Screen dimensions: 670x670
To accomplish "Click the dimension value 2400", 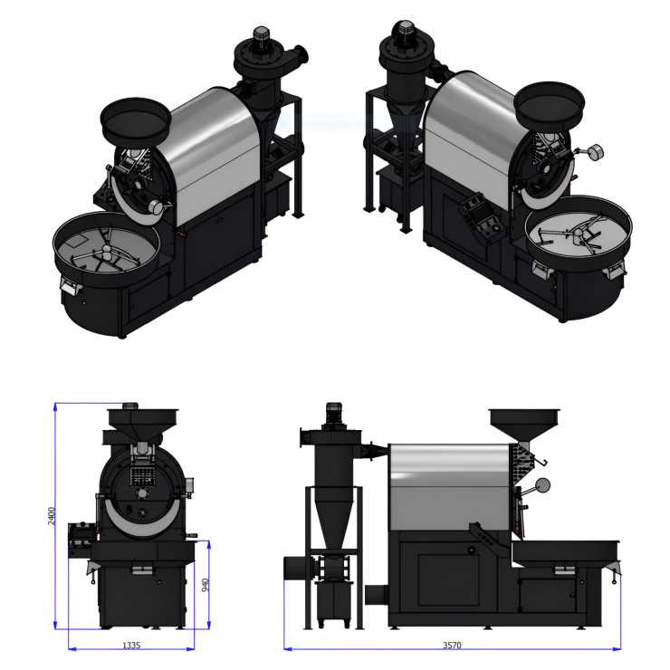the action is (52, 516).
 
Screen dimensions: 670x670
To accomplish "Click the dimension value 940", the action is (206, 585).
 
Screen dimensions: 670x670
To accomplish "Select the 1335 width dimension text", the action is (131, 646).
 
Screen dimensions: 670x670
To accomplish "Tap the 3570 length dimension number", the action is (452, 646).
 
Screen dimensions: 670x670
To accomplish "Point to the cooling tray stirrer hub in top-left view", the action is (106, 251).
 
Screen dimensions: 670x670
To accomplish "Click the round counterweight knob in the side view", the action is (542, 485).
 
